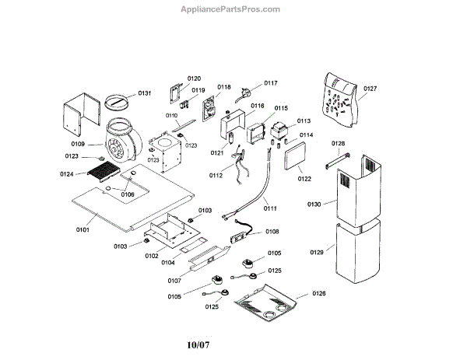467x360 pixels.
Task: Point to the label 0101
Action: coord(83,229)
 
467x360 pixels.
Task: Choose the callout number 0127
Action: coord(370,89)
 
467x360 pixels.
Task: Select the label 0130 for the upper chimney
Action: coord(314,204)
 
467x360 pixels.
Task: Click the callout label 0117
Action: coord(271,82)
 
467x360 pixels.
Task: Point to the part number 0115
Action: coord(281,108)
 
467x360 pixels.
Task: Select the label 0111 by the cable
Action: coord(270,209)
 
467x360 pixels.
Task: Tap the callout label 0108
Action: coord(272,231)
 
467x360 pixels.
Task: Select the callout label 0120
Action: coord(194,79)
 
